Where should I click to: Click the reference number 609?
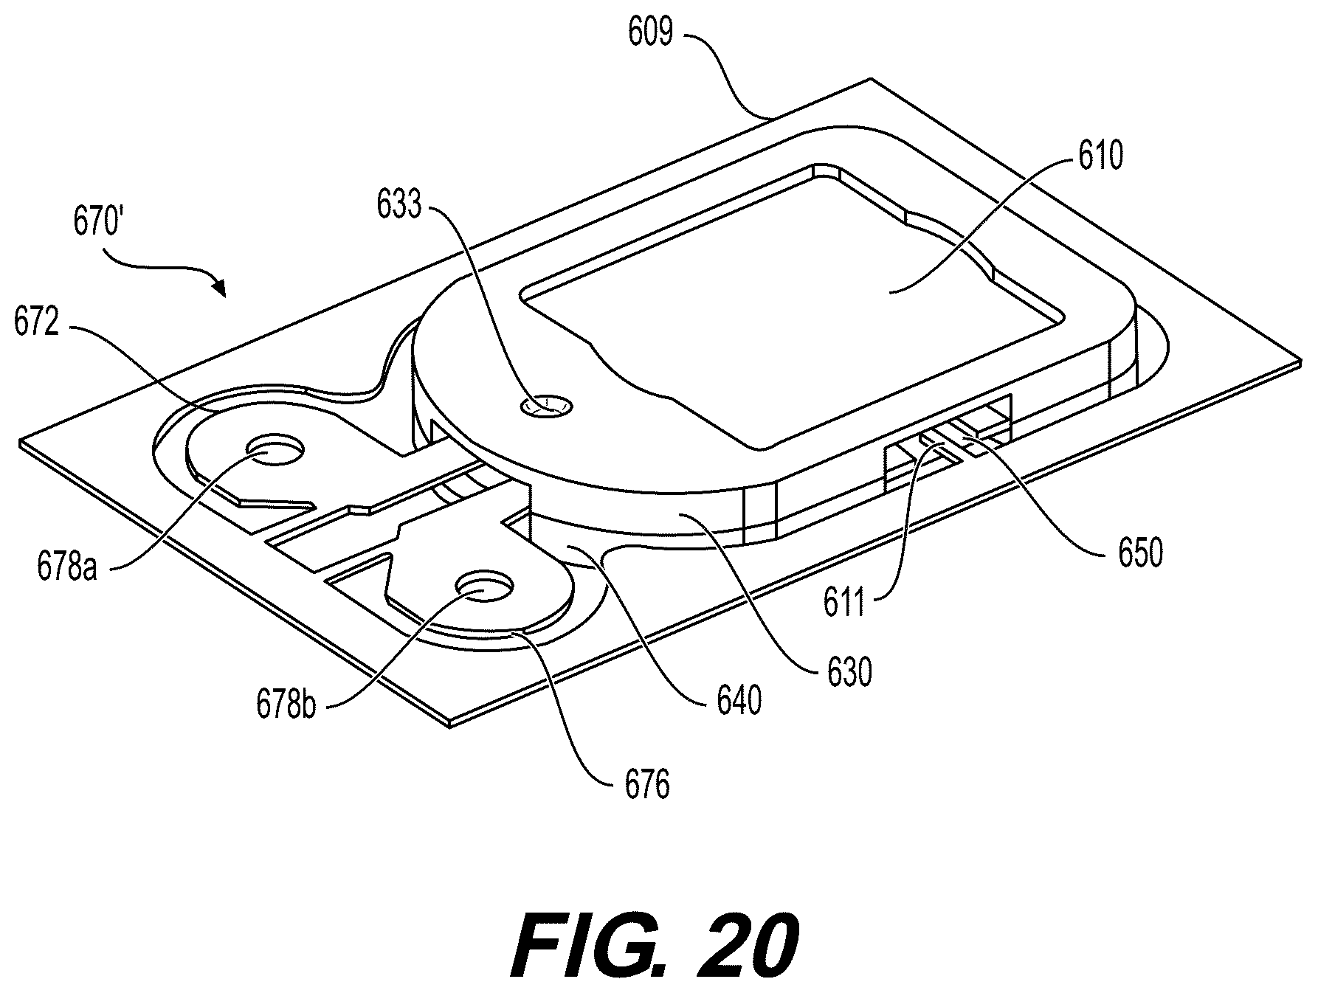[x=650, y=34]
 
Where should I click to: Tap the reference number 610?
[x=1100, y=157]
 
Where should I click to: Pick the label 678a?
[x=67, y=568]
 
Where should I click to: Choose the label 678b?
[x=286, y=704]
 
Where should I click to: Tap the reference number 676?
[x=646, y=786]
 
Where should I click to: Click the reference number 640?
[x=739, y=701]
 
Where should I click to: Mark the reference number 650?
[x=1140, y=552]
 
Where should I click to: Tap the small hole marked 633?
[x=545, y=406]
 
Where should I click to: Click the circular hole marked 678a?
[x=276, y=449]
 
